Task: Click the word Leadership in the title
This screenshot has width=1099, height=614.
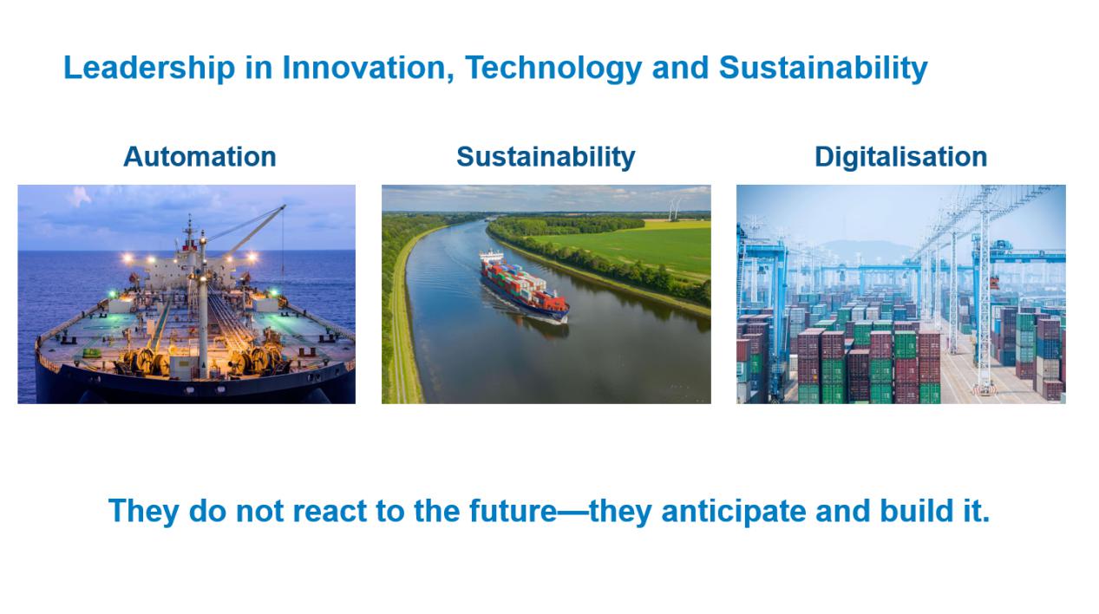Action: pyautogui.click(x=150, y=67)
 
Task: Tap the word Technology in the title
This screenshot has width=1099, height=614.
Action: pyautogui.click(x=553, y=69)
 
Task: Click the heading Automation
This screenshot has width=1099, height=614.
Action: pyautogui.click(x=200, y=157)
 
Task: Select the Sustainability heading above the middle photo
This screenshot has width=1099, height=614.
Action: pyautogui.click(x=546, y=158)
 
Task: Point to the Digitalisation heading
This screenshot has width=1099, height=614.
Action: pyautogui.click(x=900, y=158)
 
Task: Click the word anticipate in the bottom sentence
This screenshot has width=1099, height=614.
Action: pyautogui.click(x=734, y=512)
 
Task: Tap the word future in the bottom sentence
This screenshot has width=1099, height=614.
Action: pyautogui.click(x=514, y=511)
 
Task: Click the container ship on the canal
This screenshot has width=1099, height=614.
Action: pyautogui.click(x=524, y=286)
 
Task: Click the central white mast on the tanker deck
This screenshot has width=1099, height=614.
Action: pyautogui.click(x=202, y=304)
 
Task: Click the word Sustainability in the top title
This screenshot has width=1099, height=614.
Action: pyautogui.click(x=823, y=69)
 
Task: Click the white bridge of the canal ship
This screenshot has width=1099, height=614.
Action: pyautogui.click(x=492, y=256)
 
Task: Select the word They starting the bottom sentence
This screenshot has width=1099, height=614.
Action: pyautogui.click(x=144, y=512)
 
